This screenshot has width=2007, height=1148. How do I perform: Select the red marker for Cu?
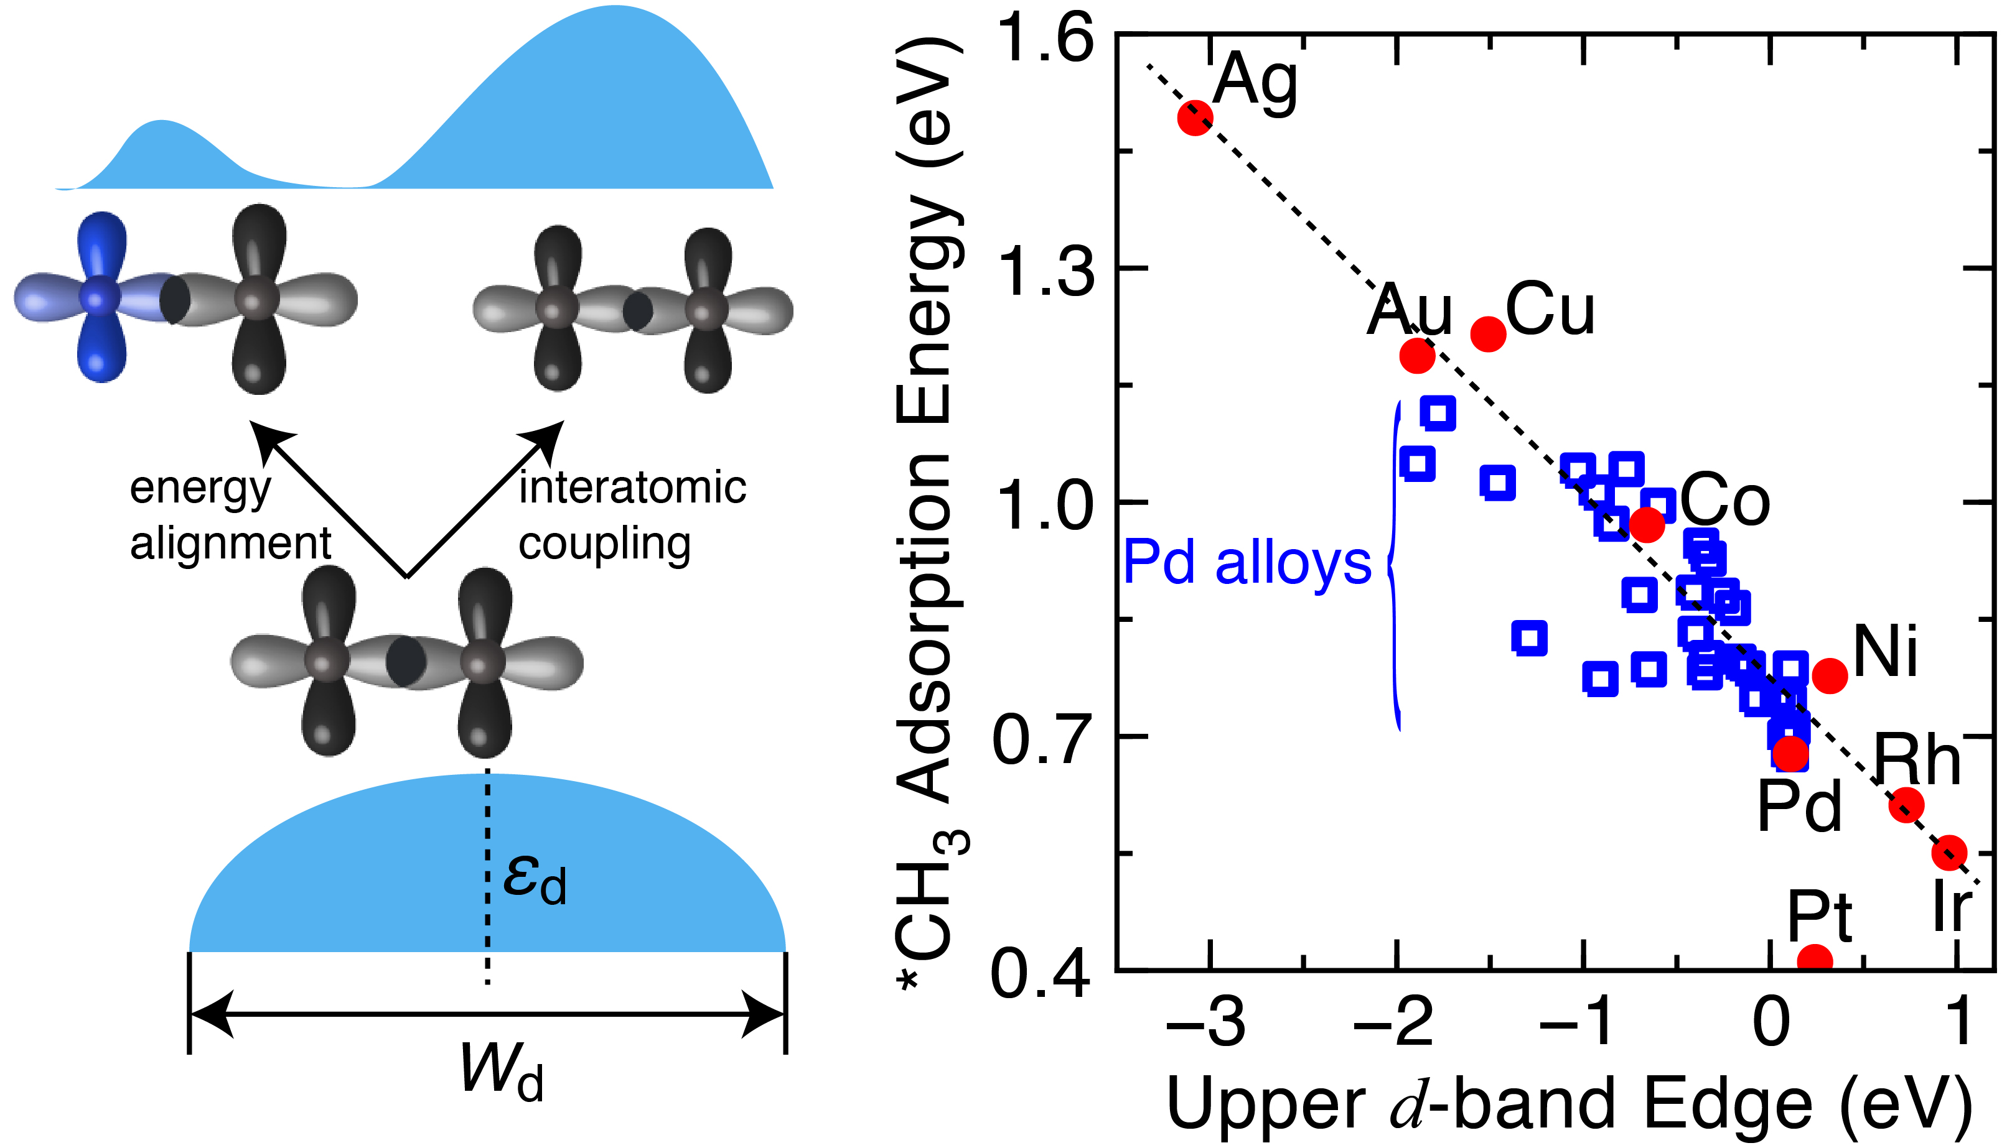pyautogui.click(x=1489, y=333)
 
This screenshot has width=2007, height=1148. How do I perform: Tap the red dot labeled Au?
pyautogui.click(x=1417, y=356)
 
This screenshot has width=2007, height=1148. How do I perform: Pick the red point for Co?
pyautogui.click(x=1647, y=524)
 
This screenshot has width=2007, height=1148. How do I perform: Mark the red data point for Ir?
pyautogui.click(x=1949, y=853)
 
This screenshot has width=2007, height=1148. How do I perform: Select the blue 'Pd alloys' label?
pyautogui.click(x=1247, y=563)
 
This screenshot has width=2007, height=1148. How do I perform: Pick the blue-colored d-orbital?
pyautogui.click(x=98, y=297)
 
